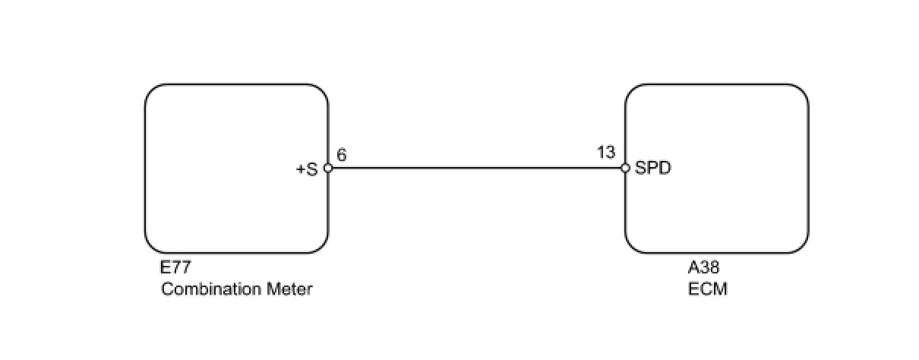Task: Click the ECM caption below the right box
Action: coord(703,289)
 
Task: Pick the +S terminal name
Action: coord(306,169)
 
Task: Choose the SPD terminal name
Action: coord(653,169)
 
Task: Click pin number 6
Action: coord(341,154)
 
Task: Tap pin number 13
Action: coord(606,153)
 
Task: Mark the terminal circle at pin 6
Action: coord(328,169)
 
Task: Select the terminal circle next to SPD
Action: coord(625,169)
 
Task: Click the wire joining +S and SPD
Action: coord(476,169)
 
